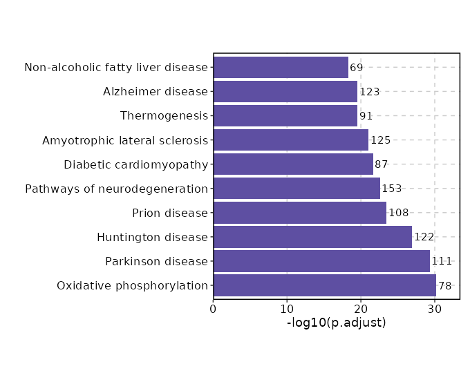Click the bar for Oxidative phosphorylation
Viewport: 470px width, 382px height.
point(325,285)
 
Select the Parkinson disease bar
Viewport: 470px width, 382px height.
point(321,261)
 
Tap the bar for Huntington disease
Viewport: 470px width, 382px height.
point(312,237)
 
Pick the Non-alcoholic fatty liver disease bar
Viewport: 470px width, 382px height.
point(281,68)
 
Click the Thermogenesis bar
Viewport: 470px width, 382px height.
point(285,116)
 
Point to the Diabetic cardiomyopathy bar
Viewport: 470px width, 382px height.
point(293,164)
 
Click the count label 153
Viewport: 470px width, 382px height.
point(392,189)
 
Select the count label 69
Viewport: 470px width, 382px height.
point(357,68)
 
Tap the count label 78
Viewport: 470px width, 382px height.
point(445,285)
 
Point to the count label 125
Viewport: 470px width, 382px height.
point(381,140)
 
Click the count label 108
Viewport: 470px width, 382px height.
point(399,213)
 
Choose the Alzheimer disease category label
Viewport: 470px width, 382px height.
point(156,92)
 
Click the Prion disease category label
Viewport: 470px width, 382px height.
point(170,213)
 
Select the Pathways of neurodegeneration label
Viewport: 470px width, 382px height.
point(116,189)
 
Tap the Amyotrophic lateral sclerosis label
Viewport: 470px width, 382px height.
point(125,140)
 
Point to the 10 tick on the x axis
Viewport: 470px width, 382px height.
point(287,308)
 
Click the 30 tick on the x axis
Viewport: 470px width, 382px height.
point(435,308)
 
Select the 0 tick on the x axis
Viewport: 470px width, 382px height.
point(214,308)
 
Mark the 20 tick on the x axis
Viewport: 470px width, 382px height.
point(361,308)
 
